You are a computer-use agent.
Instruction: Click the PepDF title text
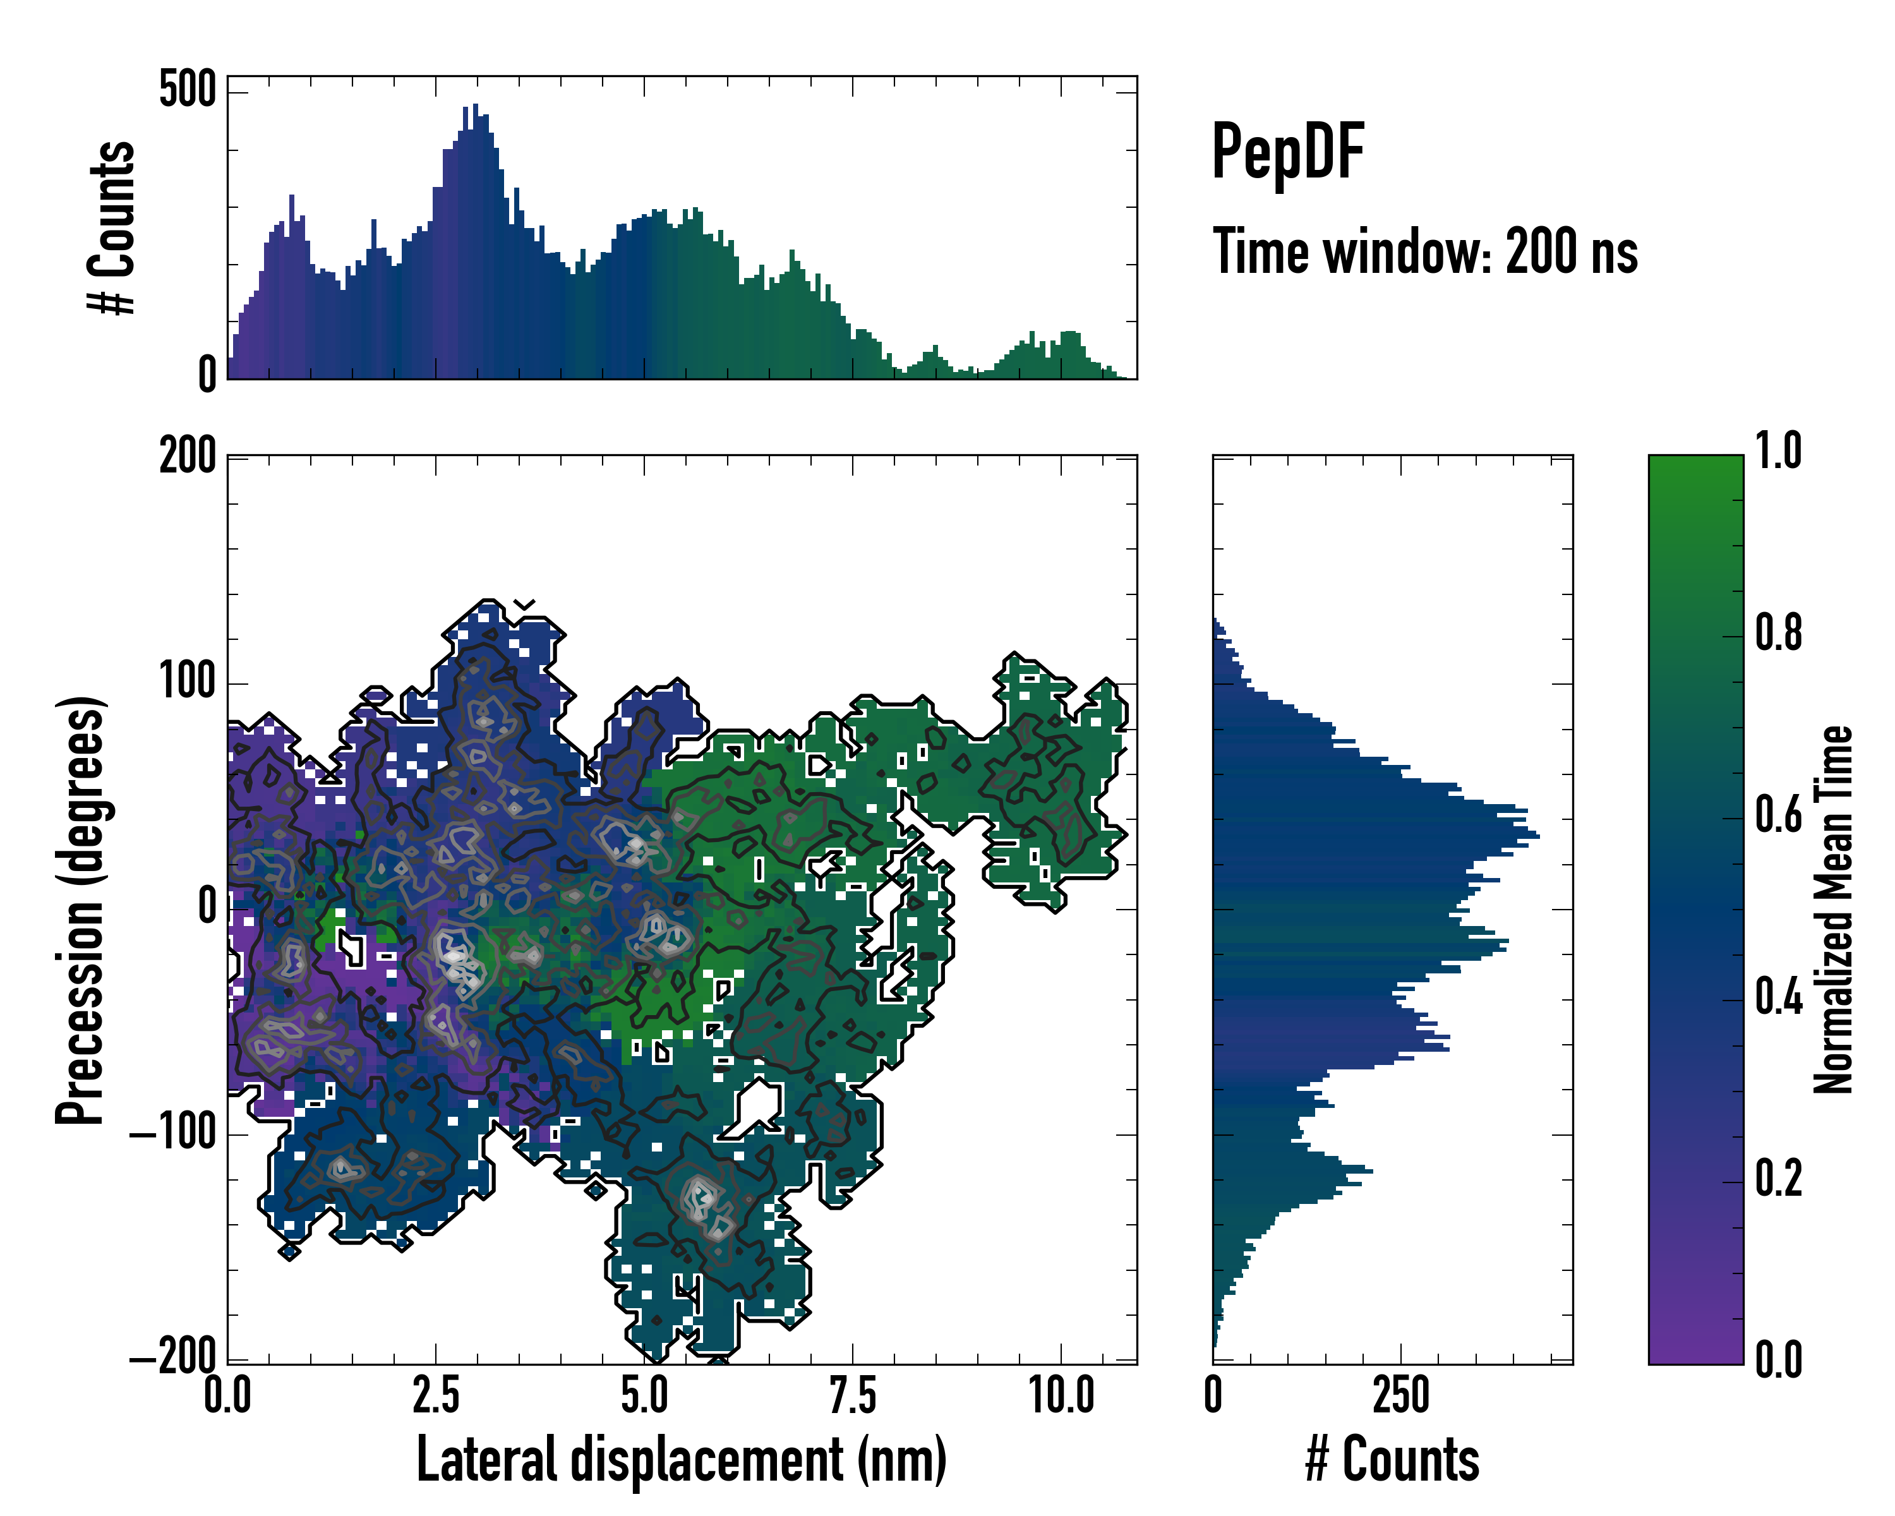coord(1287,153)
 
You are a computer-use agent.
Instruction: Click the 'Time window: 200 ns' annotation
coord(1425,251)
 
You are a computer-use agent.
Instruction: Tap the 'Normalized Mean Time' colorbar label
coord(1834,909)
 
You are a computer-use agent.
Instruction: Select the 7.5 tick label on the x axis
coord(853,1395)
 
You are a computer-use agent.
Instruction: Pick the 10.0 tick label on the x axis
coord(1062,1395)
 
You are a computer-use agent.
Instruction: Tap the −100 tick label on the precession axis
coord(173,1134)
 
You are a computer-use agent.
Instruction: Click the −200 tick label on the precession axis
coord(173,1359)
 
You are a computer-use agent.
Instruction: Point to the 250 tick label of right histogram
coord(1401,1395)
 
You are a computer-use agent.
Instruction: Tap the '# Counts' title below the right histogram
coord(1392,1459)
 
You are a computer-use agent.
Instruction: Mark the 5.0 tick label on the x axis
coord(645,1395)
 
